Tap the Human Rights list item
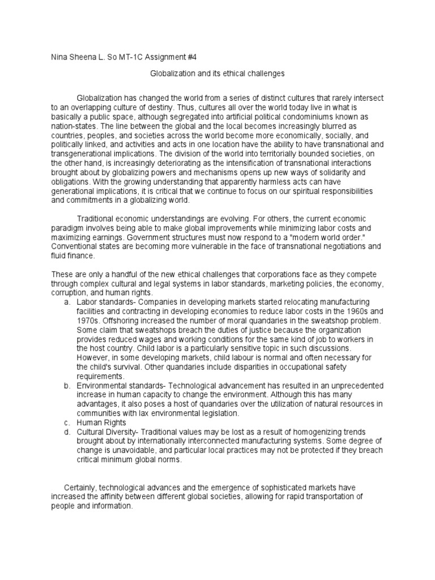pos(103,423)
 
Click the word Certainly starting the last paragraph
pos(84,488)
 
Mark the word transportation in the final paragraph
pos(325,497)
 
